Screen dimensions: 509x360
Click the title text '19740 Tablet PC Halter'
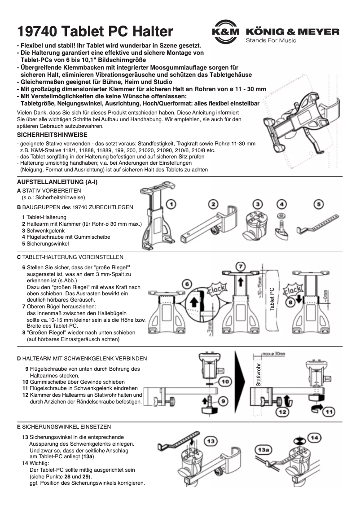click(x=95, y=32)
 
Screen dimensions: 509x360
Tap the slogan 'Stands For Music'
click(x=271, y=41)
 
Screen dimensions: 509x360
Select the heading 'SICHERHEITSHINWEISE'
click(x=52, y=135)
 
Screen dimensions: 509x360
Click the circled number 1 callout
click(x=171, y=205)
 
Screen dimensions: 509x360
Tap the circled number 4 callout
click(x=281, y=204)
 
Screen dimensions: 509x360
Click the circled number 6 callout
click(x=187, y=284)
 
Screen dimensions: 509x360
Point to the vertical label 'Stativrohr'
click(x=258, y=375)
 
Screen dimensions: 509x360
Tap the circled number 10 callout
click(x=225, y=382)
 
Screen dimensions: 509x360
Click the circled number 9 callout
click(x=223, y=401)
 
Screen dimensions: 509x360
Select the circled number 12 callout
click(x=282, y=410)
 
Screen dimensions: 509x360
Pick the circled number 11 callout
click(x=329, y=410)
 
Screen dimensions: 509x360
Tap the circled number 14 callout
click(x=315, y=437)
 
